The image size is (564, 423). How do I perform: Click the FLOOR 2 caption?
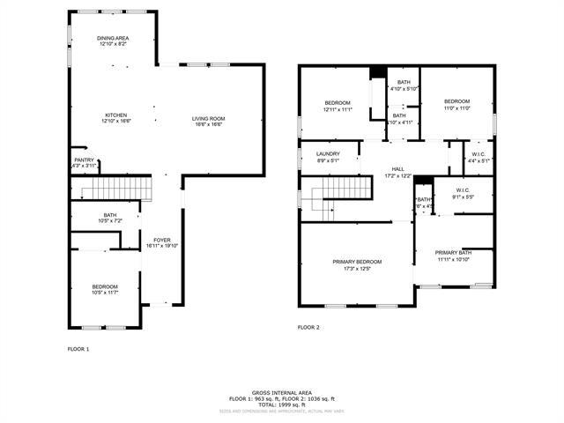[x=308, y=327]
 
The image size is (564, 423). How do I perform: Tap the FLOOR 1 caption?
[x=78, y=349]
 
